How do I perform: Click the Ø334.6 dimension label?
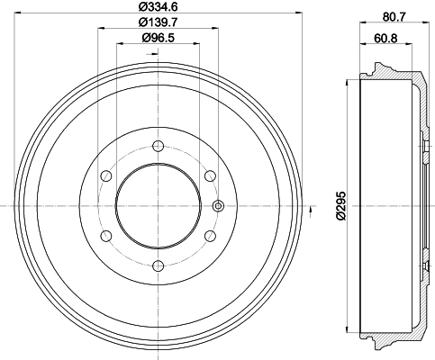coord(158,6)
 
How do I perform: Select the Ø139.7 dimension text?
coord(158,22)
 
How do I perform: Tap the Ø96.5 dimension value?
coord(158,38)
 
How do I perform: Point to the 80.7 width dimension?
coord(394,17)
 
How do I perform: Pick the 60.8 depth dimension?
coord(385,39)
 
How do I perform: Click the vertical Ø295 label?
coord(341,206)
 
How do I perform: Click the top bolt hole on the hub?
coord(158,146)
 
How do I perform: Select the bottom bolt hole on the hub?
coord(158,265)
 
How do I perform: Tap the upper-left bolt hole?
coord(106,175)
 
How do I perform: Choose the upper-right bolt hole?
coord(210,175)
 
